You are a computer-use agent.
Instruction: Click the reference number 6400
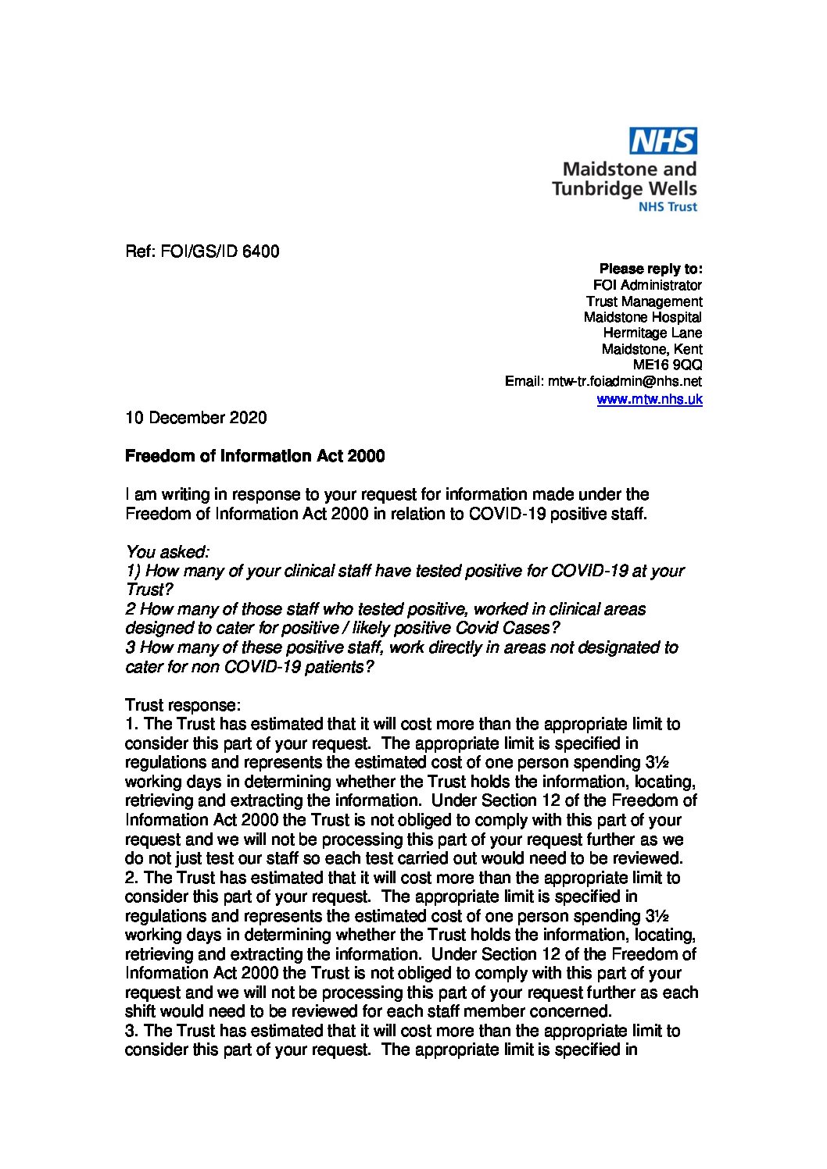click(x=260, y=251)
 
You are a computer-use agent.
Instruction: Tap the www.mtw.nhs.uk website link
click(x=650, y=399)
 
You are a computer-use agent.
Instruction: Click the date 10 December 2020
click(x=195, y=418)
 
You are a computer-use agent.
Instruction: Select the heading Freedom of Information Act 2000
click(x=255, y=456)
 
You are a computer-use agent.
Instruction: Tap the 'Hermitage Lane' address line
click(x=653, y=333)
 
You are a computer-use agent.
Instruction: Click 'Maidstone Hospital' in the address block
click(x=643, y=317)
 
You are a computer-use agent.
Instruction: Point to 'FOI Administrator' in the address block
click(x=647, y=286)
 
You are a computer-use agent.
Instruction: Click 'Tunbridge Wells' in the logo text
click(x=624, y=188)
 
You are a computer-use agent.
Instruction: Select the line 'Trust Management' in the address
click(x=644, y=301)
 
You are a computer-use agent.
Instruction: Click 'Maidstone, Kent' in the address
click(x=652, y=349)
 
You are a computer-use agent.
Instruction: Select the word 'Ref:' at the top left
click(x=141, y=251)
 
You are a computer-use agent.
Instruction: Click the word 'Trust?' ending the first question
click(x=145, y=590)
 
